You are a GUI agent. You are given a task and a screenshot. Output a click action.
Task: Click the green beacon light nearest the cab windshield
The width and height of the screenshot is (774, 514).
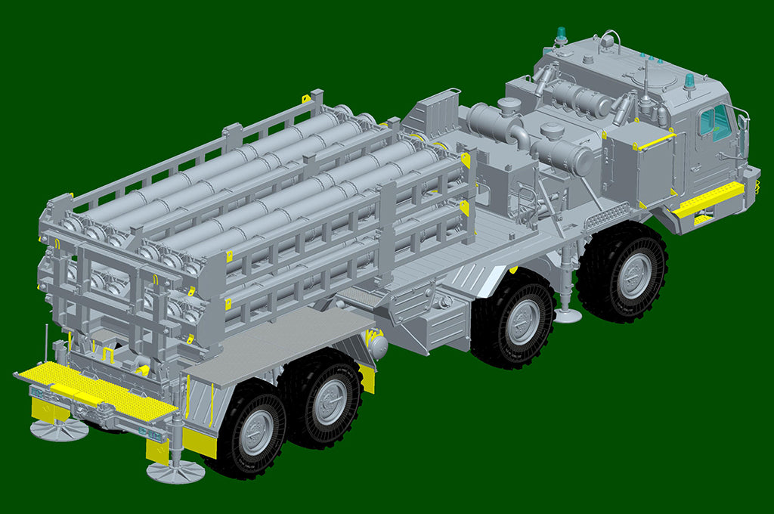pos(689,81)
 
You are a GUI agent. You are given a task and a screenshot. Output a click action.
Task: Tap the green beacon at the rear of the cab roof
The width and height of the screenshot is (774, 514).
pos(561,34)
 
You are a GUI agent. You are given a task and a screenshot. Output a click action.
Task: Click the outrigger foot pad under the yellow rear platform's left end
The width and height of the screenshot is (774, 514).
pos(59,429)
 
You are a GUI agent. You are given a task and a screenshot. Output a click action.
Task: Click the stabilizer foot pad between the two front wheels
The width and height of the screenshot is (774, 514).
pos(567,314)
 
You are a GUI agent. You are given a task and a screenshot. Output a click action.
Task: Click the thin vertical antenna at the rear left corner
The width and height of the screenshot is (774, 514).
pos(46,344)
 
